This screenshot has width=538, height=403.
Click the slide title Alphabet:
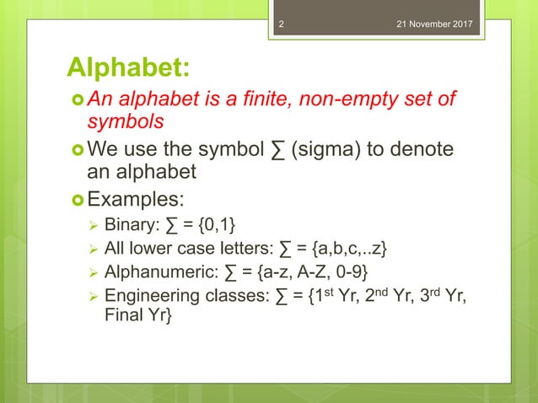pyautogui.click(x=128, y=67)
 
